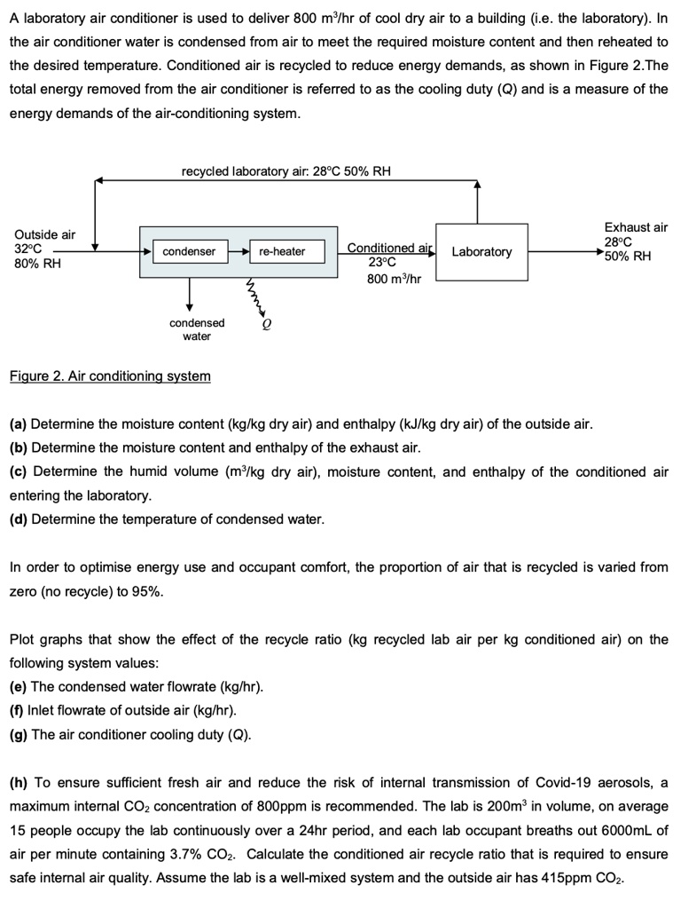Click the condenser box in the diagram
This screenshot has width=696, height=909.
189,252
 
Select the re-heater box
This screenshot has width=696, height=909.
282,252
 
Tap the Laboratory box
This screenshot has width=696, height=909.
481,252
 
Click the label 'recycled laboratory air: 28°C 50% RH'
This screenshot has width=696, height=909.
285,171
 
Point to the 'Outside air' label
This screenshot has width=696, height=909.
45,234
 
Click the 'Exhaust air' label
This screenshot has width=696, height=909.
636,228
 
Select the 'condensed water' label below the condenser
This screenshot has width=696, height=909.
197,329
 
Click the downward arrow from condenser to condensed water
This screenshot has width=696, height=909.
189,294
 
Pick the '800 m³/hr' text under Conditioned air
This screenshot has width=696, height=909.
394,279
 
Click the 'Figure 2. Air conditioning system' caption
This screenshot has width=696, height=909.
110,376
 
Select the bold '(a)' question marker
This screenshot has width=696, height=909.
19,423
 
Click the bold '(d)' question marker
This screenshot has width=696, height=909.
19,518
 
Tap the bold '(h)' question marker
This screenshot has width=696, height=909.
19,782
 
